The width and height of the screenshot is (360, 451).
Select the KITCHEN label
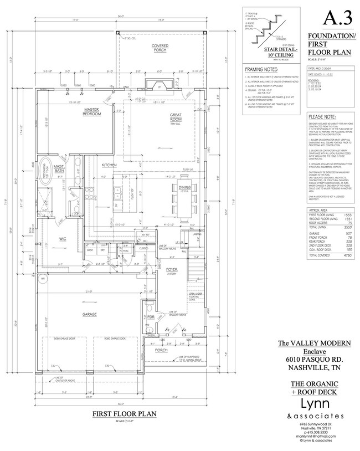109,166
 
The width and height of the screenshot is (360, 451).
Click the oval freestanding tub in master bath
44,181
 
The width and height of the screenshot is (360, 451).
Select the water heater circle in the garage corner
42,279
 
